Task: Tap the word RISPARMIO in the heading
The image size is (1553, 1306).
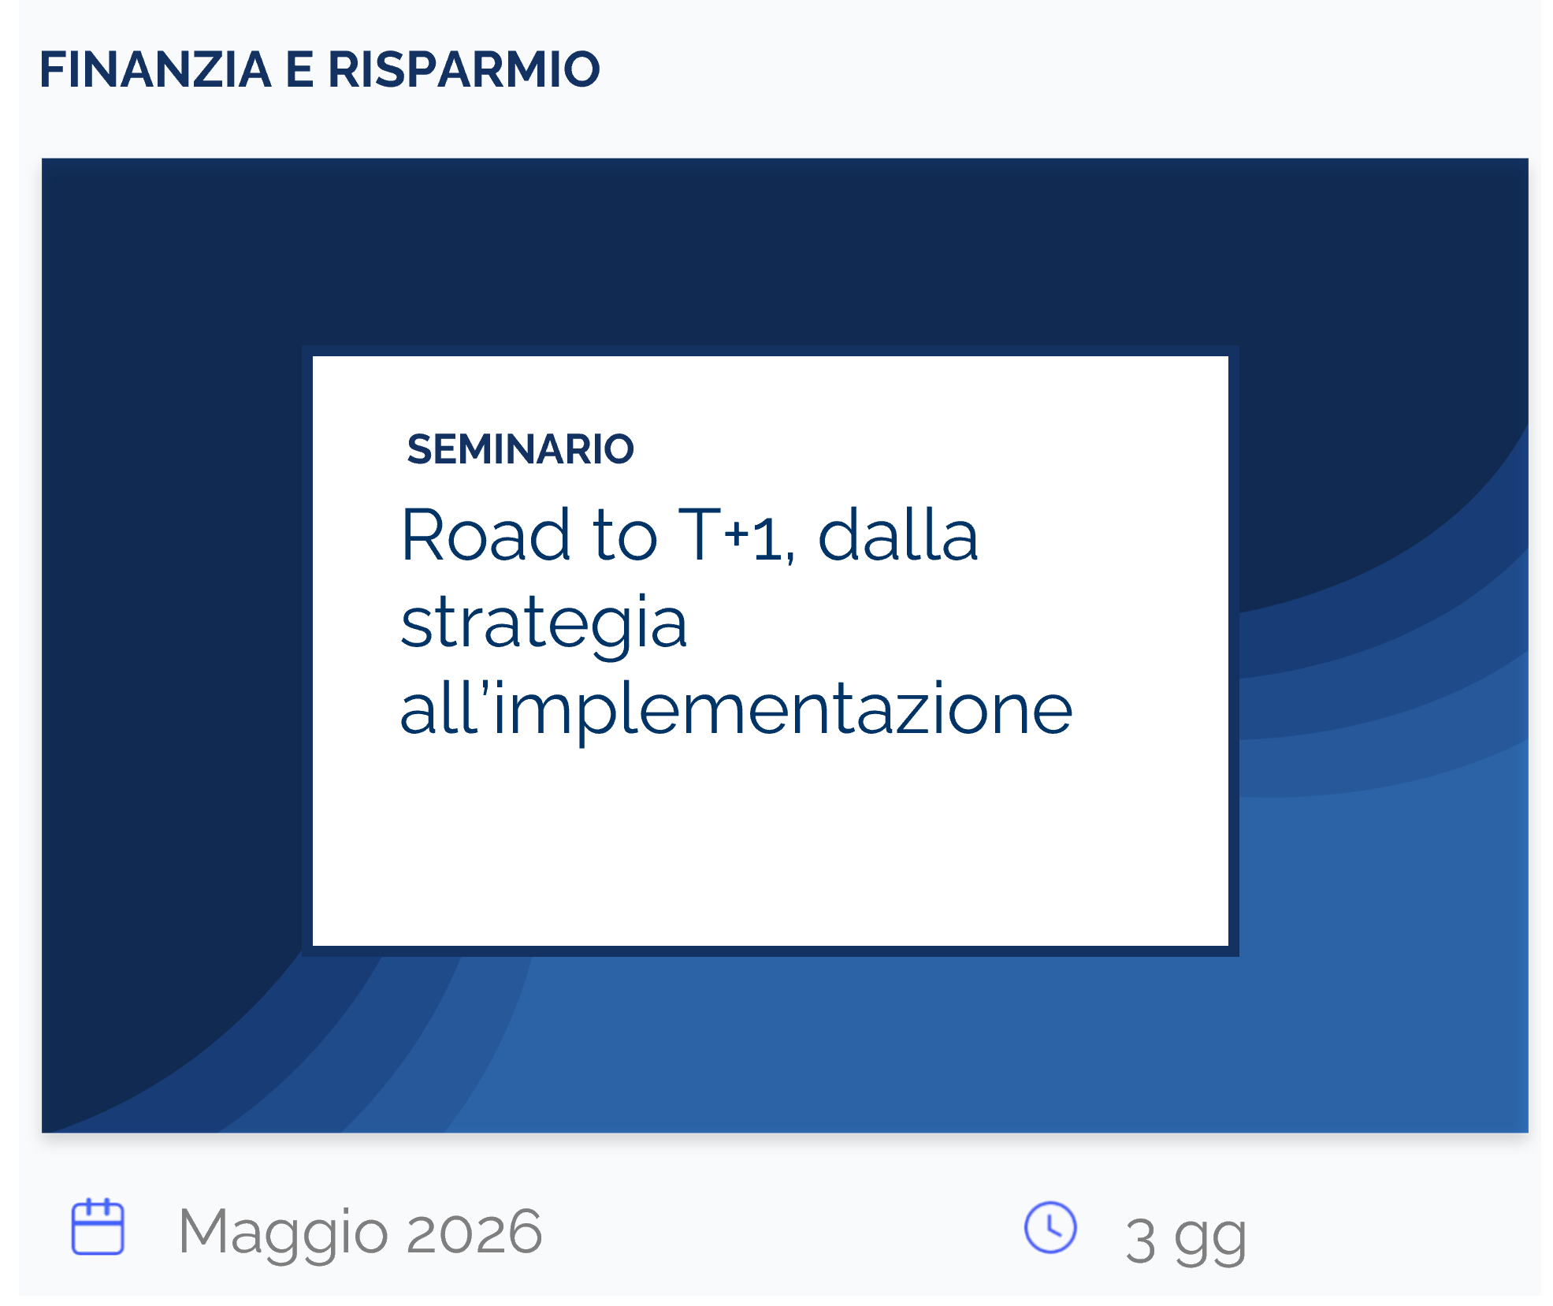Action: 464,69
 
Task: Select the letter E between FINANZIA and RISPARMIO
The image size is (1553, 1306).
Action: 299,69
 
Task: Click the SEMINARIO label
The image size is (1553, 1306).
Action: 520,449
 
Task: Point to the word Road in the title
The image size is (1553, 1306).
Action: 485,535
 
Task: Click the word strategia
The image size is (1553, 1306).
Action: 544,625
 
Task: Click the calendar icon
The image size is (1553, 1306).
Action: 98,1226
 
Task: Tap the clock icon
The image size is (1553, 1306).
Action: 1050,1227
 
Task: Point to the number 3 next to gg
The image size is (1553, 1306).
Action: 1141,1241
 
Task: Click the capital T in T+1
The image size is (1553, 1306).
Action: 700,535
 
